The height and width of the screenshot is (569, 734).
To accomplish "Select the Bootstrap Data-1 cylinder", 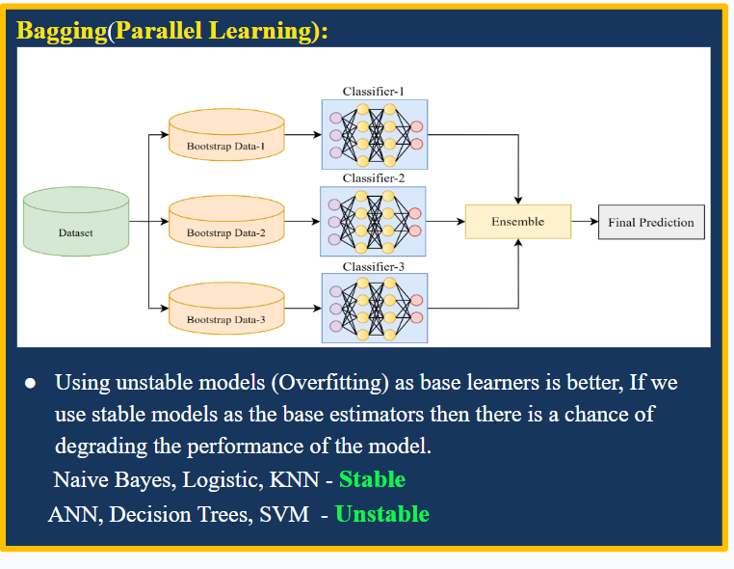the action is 225,136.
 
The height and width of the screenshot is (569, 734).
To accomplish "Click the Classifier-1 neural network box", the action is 374,135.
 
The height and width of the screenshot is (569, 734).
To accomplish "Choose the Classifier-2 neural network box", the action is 374,221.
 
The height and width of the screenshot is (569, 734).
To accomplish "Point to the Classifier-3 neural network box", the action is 374,308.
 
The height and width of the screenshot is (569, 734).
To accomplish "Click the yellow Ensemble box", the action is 517,222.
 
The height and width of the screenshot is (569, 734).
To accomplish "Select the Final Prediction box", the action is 651,222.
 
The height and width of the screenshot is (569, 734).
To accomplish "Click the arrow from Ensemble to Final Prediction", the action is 584,222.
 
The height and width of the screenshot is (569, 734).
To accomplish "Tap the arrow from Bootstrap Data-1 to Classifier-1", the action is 302,136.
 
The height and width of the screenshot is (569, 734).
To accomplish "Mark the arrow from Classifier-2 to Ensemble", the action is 446,222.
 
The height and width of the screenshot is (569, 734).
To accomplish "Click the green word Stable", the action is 372,479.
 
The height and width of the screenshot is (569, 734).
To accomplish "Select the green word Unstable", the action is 381,514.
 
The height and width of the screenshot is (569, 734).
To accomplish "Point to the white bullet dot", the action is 30,384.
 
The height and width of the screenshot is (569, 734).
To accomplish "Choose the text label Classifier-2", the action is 374,178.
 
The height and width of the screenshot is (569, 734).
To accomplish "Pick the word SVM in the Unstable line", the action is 284,514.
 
